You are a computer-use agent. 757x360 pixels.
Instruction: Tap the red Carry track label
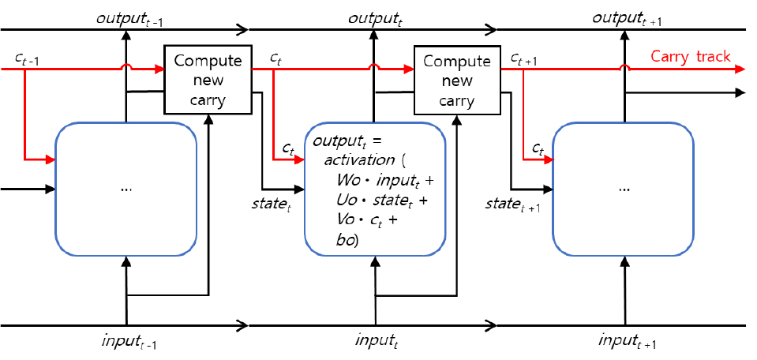click(x=690, y=56)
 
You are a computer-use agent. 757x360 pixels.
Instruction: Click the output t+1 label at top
click(x=627, y=16)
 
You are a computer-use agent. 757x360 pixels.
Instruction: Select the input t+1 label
click(x=629, y=342)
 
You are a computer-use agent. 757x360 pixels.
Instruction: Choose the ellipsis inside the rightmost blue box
click(x=624, y=190)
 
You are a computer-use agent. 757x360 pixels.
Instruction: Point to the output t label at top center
click(x=375, y=16)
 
